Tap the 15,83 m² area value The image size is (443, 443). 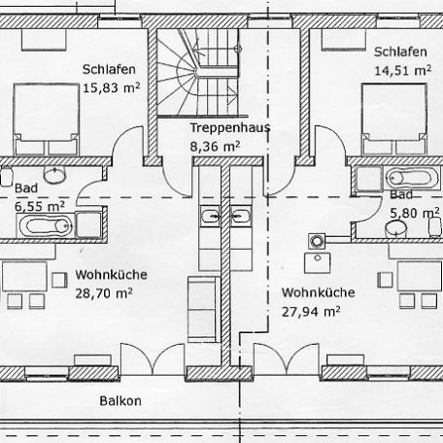point(108,87)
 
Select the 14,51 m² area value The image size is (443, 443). point(401,70)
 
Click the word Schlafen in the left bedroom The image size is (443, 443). point(108,69)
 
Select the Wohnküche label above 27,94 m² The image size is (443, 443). point(318,292)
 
